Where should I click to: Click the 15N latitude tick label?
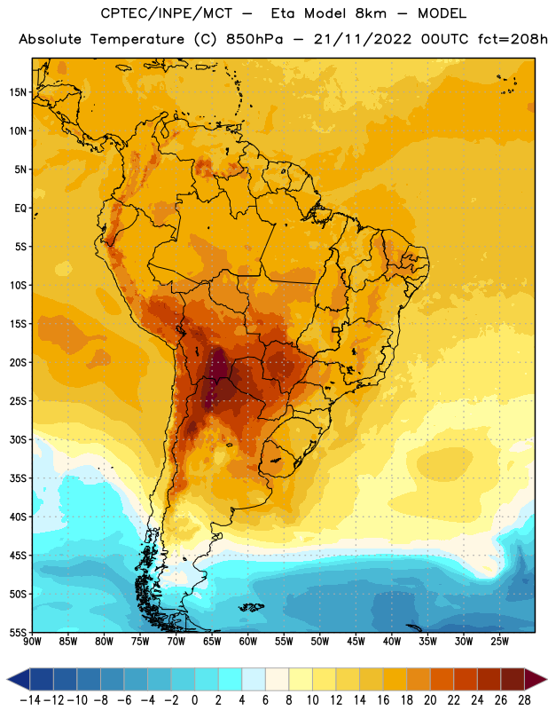coord(18,92)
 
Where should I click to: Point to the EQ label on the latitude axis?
coord(20,209)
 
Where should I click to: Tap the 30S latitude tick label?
coord(18,439)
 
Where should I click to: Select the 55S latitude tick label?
coord(18,633)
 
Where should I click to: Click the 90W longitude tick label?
coord(32,642)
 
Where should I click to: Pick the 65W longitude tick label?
coord(212,642)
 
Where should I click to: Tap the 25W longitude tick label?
coord(499,642)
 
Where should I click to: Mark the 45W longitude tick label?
coord(356,642)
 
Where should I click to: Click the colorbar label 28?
coord(524,700)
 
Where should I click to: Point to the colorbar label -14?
coord(30,700)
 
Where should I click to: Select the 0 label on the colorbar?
coord(194,700)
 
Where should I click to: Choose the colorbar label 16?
coord(383,700)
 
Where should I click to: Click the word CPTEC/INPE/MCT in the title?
coord(167,13)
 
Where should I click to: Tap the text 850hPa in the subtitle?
coord(254,39)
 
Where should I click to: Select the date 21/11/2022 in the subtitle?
coord(363,39)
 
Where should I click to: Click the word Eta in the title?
coord(283,13)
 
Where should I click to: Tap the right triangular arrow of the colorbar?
coord(536,679)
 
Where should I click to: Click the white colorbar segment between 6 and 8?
coord(277,679)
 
